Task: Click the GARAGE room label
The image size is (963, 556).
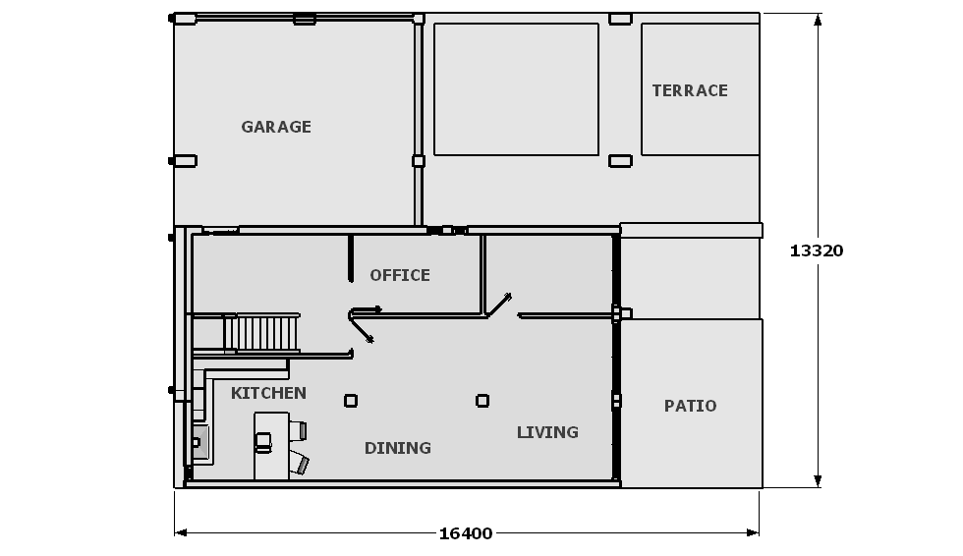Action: [x=276, y=127]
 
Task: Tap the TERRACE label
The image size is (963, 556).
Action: [x=690, y=90]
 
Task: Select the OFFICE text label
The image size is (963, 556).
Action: [x=400, y=276]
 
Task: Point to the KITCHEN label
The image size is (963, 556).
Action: [x=268, y=393]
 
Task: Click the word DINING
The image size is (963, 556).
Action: [x=397, y=449]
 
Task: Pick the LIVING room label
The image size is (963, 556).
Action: [x=547, y=432]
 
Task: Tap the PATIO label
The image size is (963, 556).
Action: [x=690, y=407]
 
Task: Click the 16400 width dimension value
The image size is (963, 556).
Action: [x=466, y=534]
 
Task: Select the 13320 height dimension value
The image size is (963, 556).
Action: [x=817, y=250]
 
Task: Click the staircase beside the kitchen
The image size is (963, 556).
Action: [x=262, y=333]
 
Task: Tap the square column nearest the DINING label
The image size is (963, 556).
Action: [x=351, y=401]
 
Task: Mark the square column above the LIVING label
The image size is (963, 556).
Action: [x=482, y=401]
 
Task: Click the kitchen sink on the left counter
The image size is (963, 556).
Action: [x=200, y=442]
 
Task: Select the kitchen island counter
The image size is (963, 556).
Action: [x=271, y=446]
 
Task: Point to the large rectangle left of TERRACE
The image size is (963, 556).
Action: [x=516, y=89]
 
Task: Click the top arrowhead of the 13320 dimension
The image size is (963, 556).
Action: [x=818, y=19]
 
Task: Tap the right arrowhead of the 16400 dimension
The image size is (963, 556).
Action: [x=753, y=532]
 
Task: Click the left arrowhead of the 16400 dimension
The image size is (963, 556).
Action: [x=181, y=532]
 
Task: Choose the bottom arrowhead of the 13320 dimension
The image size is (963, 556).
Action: [x=818, y=481]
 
